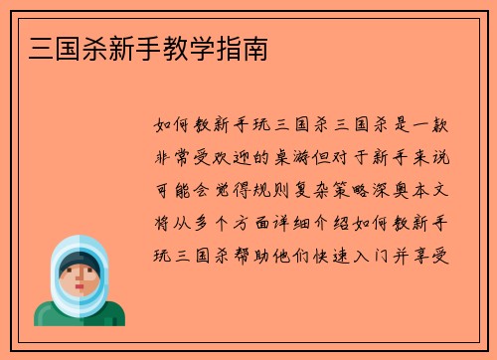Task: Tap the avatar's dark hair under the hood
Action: click(x=79, y=264)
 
